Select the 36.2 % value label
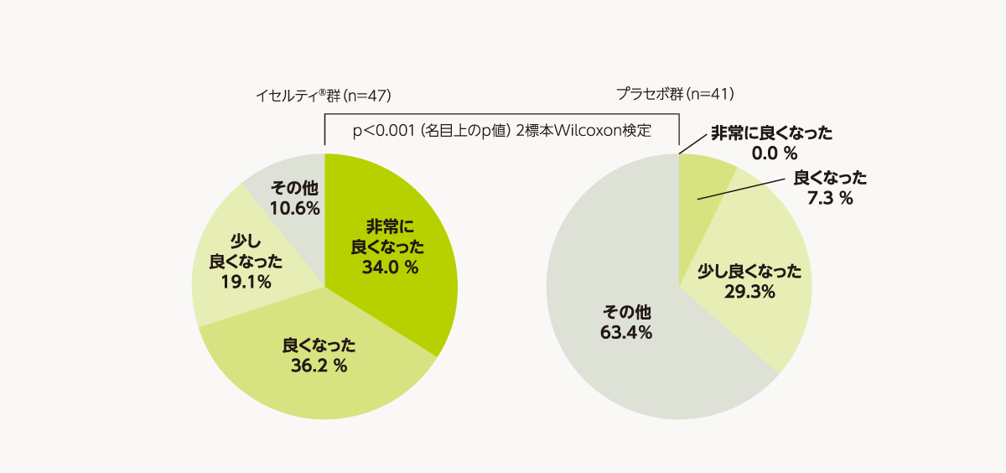coord(319,366)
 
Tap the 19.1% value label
coord(246,282)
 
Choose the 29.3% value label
coord(749,292)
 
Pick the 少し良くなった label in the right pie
coord(749,271)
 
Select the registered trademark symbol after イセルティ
coord(323,91)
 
